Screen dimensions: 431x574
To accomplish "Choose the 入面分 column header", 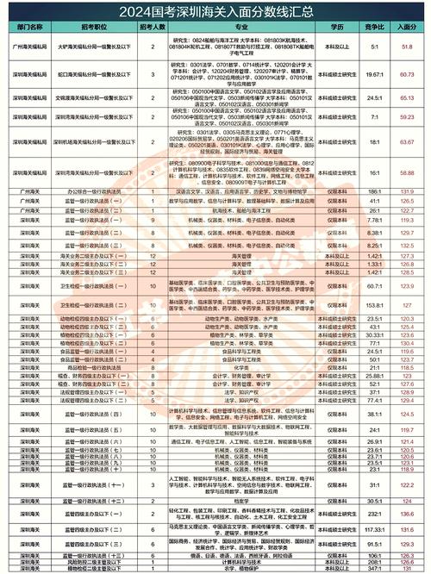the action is pyautogui.click(x=409, y=28).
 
